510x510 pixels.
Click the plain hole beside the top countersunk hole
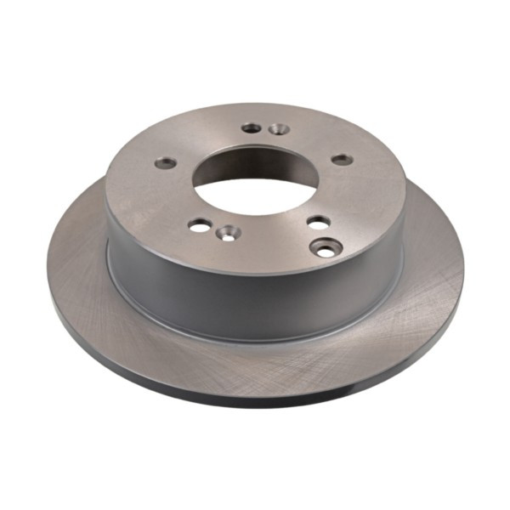(x=252, y=127)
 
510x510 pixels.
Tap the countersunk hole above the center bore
(x=278, y=130)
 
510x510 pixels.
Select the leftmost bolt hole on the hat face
(x=167, y=162)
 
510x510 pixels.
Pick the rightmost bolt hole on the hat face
(x=342, y=159)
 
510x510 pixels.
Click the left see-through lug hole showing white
(x=200, y=224)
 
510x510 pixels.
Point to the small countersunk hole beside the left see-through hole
(x=227, y=231)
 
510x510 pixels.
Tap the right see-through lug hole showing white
(x=318, y=222)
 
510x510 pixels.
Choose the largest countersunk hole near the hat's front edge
(x=327, y=247)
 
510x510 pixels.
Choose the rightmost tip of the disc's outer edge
(x=464, y=272)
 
